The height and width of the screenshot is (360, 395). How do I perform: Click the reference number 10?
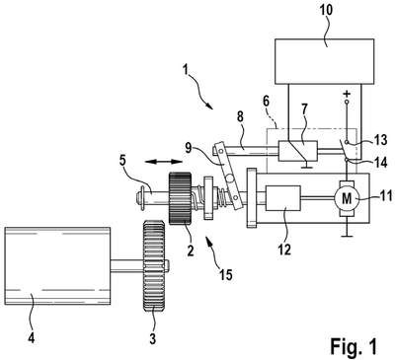326,11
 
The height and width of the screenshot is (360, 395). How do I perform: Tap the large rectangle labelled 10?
324,61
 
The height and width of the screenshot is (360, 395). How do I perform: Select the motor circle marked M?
345,198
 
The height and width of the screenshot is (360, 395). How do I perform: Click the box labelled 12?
283,198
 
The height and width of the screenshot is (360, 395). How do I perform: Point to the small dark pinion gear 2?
180,198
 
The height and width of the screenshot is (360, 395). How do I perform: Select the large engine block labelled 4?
57,265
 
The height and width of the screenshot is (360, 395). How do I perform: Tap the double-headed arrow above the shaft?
164,162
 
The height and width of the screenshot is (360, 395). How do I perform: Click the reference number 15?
226,274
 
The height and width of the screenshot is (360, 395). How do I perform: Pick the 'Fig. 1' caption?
354,346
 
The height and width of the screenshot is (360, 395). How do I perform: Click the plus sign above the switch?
347,94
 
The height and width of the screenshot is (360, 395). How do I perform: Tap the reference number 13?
380,140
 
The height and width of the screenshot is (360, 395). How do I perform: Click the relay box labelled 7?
298,151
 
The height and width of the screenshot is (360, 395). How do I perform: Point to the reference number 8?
240,117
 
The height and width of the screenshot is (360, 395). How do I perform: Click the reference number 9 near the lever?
188,148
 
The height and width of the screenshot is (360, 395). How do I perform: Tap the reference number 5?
122,162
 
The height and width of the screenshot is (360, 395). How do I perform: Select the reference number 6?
267,101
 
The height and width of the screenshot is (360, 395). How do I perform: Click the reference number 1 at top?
187,70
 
